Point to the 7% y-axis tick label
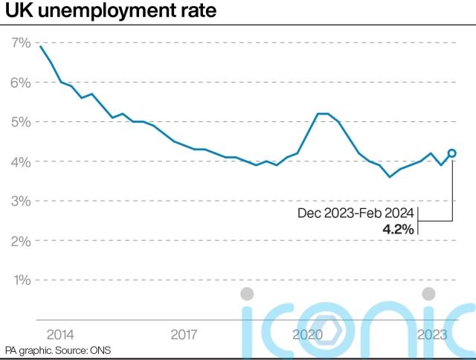[x=20, y=42]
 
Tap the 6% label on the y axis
[x=20, y=82]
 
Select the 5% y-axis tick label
[x=20, y=121]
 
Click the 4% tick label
[x=20, y=161]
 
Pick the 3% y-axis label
[x=20, y=201]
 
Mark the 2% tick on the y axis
[x=20, y=241]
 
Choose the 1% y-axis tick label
[x=20, y=280]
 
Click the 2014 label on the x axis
[x=60, y=334]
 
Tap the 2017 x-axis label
[x=184, y=334]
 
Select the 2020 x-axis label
[x=308, y=334]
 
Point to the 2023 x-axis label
[x=431, y=334]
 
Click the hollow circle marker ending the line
[x=452, y=153]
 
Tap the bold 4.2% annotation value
[x=398, y=229]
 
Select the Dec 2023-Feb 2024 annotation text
[x=356, y=213]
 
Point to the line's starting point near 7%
[x=40, y=47]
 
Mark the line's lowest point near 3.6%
[x=389, y=177]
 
